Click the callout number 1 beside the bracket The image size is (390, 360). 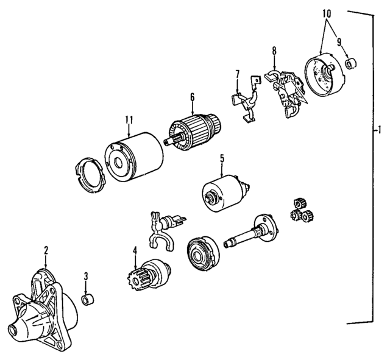380,130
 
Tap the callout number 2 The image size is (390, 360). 45,249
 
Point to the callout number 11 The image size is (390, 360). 129,120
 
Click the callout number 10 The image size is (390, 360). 327,13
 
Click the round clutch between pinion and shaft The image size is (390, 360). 200,252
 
